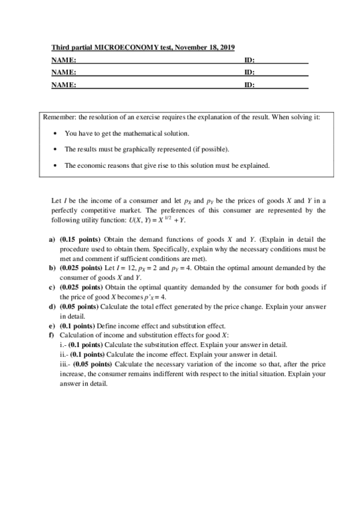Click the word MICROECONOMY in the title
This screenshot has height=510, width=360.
point(117,47)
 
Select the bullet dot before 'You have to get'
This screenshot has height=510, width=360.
point(55,134)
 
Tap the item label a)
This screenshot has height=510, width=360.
point(52,239)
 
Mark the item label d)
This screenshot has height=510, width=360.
point(52,306)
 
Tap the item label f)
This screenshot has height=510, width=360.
point(51,335)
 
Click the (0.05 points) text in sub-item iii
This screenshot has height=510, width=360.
point(93,364)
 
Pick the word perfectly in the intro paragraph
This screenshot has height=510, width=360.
point(66,210)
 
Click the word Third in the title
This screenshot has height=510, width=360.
point(59,47)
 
